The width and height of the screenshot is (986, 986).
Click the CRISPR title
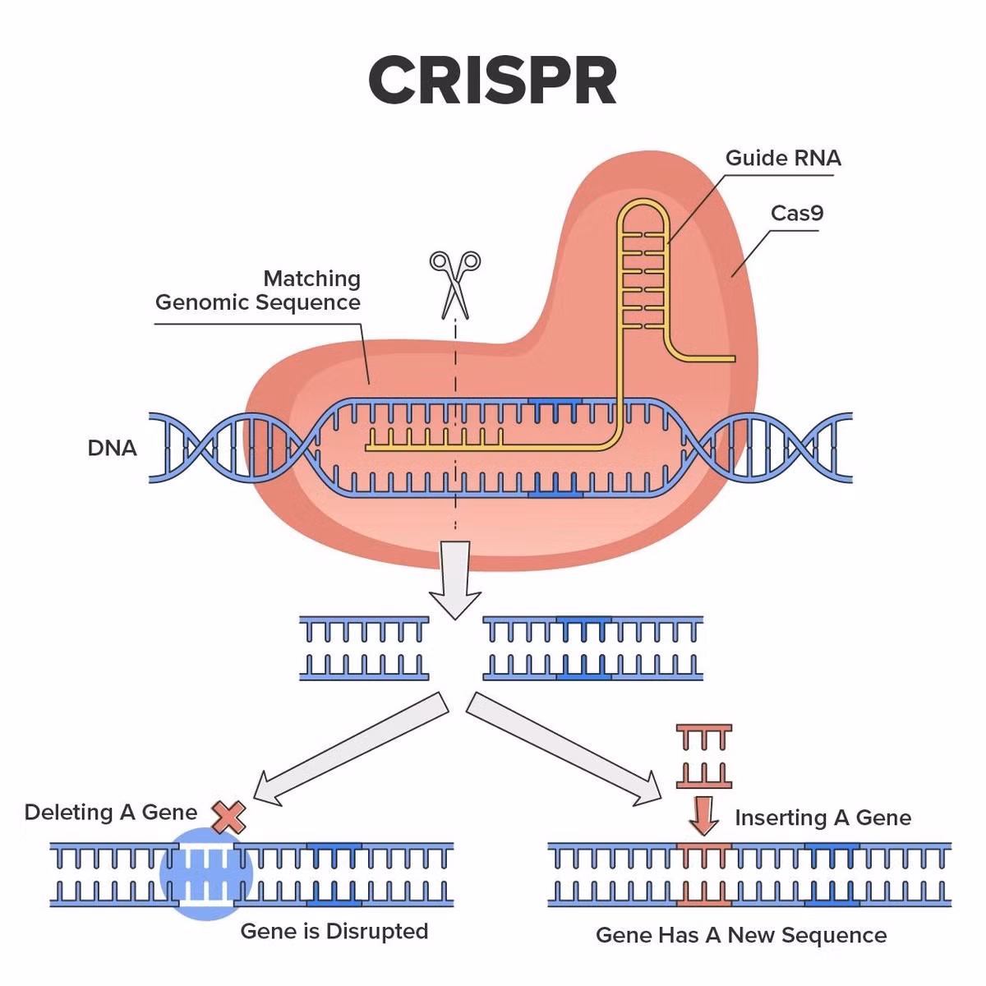[492, 81]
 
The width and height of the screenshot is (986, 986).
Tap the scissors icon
[455, 284]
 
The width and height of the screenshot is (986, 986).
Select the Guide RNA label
[783, 158]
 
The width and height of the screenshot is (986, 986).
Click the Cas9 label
[797, 214]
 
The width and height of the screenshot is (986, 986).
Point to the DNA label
[112, 449]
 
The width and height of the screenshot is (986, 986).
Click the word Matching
[312, 279]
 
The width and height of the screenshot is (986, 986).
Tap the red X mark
[228, 817]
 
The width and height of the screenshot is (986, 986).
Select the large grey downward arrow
[455, 580]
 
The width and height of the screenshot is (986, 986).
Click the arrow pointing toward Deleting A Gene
[351, 749]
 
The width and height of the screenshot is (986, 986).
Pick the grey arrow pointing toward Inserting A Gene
[564, 749]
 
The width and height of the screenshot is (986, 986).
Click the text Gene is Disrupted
[334, 931]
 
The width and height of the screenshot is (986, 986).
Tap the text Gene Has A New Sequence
[741, 935]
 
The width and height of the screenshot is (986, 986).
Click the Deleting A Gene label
[111, 812]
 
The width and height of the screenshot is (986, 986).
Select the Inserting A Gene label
[823, 818]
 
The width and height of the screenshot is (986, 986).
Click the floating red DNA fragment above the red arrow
[704, 756]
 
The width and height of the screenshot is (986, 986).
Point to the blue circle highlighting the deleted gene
[207, 874]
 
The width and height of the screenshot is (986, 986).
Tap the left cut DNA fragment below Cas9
[364, 648]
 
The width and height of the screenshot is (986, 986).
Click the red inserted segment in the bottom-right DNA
[704, 874]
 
